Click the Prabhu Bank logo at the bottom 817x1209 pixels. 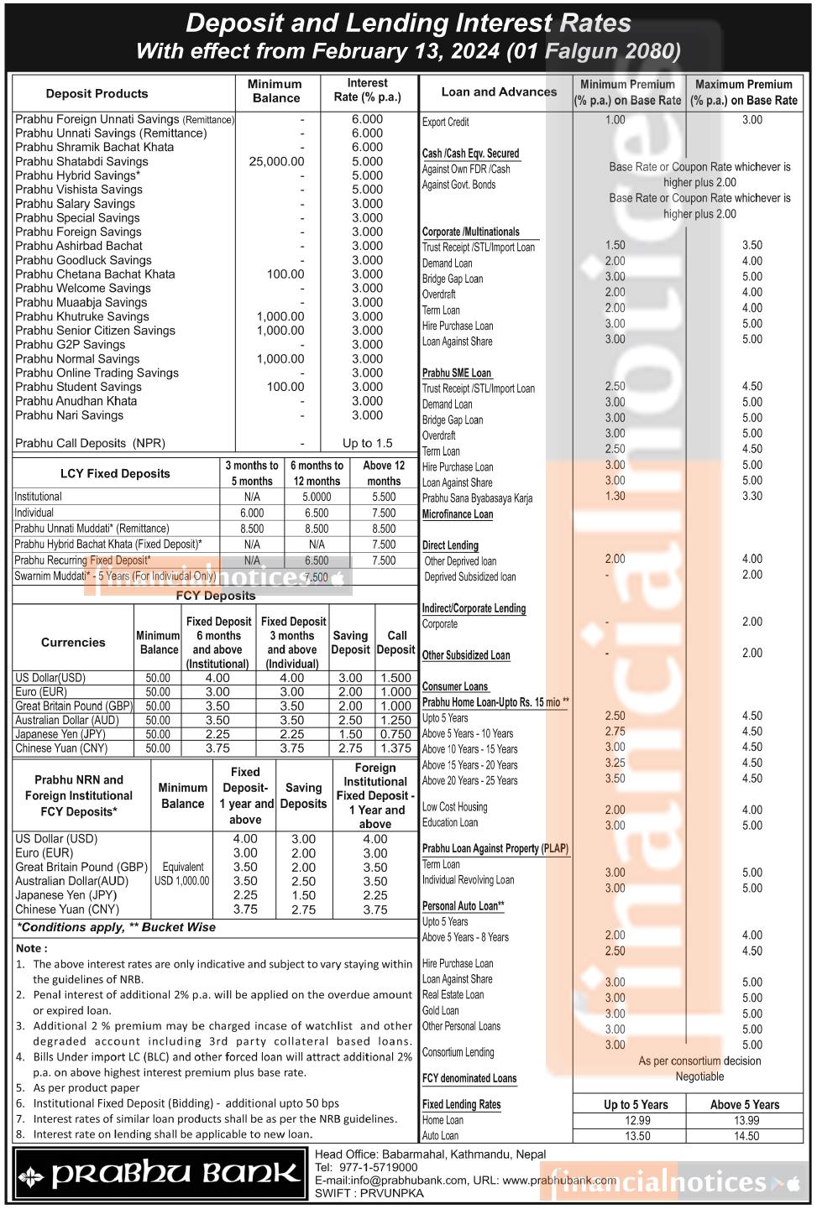point(160,1174)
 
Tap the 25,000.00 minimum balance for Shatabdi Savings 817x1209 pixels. point(276,161)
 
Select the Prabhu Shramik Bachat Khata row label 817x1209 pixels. point(94,147)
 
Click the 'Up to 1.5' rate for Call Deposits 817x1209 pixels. point(367,443)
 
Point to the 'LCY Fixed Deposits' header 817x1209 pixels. point(115,473)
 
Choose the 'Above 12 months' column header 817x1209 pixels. point(384,473)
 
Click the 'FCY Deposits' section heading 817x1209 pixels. point(216,596)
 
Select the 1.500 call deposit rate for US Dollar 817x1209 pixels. point(395,678)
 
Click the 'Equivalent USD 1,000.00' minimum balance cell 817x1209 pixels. point(182,873)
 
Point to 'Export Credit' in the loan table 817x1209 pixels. point(445,122)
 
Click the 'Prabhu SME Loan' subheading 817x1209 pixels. point(457,373)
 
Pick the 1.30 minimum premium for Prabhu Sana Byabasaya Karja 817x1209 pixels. point(615,496)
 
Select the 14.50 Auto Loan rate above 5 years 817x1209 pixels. point(746,1136)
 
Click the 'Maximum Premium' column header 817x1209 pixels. point(744,91)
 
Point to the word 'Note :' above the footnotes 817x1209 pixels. point(32,948)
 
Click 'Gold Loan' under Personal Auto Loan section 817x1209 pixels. point(440,1010)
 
